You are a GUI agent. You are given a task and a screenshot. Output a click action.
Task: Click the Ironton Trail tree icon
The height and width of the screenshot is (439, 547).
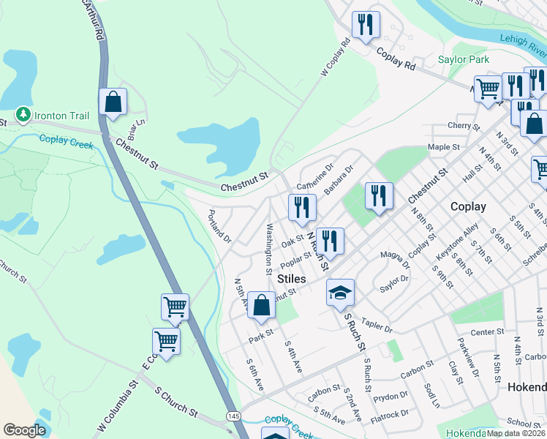coord(23,115)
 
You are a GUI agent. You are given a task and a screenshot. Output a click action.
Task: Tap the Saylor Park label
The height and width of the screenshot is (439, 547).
coord(463,59)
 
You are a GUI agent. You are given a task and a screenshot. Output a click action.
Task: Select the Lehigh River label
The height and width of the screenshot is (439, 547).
coord(524,45)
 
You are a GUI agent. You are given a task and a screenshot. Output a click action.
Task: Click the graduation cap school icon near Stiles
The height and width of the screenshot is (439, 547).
coord(340,293)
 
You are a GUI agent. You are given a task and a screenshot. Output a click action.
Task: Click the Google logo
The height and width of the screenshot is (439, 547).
coord(24,430)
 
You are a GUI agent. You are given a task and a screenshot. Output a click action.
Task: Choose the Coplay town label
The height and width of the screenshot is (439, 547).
coord(468,206)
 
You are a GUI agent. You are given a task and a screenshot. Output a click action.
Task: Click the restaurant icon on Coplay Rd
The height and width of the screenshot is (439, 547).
coord(365,24)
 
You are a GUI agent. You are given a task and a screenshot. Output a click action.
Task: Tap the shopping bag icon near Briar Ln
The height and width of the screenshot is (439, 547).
coord(113,102)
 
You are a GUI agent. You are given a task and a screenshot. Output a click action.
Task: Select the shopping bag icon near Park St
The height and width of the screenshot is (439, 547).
coord(261,305)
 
